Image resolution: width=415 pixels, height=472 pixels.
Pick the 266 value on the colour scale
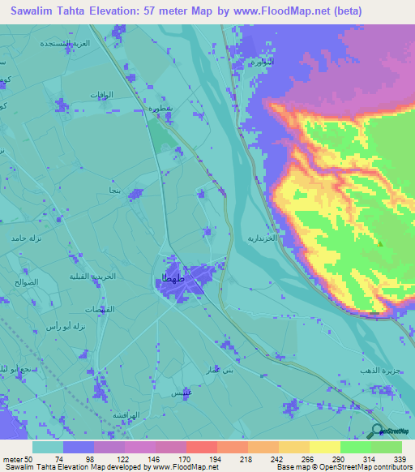coord(305,459)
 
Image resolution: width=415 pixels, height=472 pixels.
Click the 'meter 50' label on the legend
coord(19,459)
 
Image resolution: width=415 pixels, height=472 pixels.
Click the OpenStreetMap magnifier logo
coord(377,431)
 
